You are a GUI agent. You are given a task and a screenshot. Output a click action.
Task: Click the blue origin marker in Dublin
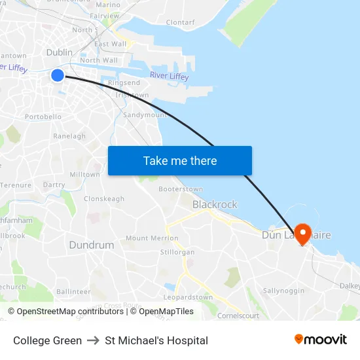click(58, 76)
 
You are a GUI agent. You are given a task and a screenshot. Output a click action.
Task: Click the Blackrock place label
click(215, 205)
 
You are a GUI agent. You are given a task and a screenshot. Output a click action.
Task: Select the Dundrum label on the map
click(92, 245)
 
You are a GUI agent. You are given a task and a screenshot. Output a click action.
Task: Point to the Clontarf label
click(180, 22)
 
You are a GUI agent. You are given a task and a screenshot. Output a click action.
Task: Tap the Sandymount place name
click(145, 115)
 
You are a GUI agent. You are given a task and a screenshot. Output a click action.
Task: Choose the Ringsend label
click(124, 83)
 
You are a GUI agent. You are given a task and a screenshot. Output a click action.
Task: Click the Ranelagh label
click(69, 136)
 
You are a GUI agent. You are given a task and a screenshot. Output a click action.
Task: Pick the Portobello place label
click(43, 117)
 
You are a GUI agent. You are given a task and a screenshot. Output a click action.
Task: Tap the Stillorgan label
click(177, 251)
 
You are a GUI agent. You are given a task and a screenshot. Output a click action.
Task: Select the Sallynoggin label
click(283, 290)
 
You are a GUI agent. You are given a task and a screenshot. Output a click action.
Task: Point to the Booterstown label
click(181, 189)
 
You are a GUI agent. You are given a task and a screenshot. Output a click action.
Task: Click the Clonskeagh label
click(104, 199)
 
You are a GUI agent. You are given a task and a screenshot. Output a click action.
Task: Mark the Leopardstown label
click(188, 297)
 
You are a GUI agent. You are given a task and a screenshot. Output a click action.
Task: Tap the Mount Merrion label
click(152, 238)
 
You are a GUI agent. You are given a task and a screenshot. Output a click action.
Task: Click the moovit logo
click(321, 340)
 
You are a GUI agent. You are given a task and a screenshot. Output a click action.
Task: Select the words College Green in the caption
click(47, 340)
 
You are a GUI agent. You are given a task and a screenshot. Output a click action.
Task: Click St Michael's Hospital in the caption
click(156, 340)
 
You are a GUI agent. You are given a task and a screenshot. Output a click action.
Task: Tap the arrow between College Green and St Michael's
click(93, 340)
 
